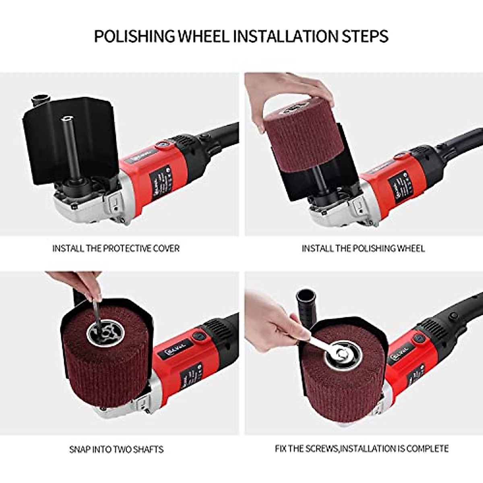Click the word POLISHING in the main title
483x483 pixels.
[x=135, y=36]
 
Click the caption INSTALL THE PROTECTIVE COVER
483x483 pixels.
[x=116, y=248]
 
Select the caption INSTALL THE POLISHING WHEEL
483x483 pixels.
[x=363, y=248]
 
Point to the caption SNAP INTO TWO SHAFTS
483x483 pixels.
[x=116, y=449]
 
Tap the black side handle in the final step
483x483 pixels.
[x=305, y=306]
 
